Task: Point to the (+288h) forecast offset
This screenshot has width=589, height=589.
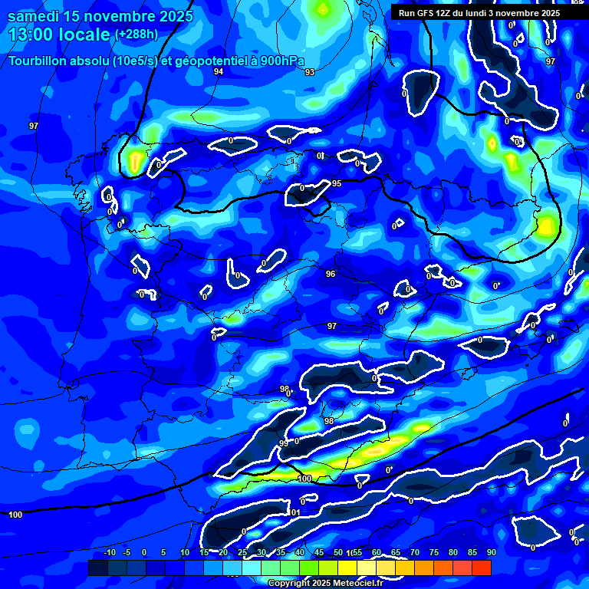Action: click(136, 34)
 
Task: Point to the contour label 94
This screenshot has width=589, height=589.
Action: click(219, 71)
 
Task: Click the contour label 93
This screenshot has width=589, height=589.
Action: click(309, 72)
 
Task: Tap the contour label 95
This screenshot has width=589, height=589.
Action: click(337, 183)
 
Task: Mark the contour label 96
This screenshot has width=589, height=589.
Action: click(331, 274)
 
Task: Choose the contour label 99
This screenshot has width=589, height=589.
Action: click(284, 443)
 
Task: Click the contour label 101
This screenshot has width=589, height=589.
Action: click(296, 512)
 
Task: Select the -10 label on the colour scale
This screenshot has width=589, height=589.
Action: click(109, 552)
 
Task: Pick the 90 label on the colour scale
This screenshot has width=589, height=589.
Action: click(492, 552)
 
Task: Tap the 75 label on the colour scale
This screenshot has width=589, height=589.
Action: click(434, 552)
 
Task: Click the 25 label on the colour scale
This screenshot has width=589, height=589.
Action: click(242, 552)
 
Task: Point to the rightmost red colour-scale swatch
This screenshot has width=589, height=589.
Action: click(482, 568)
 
